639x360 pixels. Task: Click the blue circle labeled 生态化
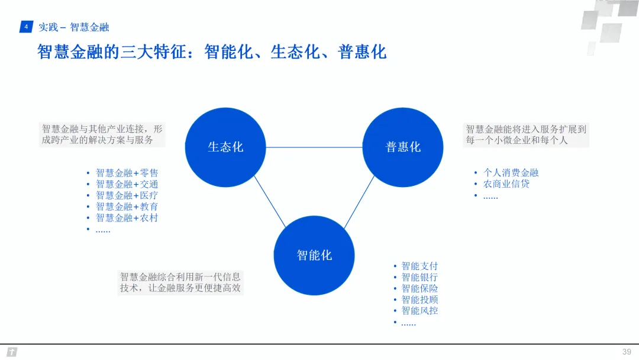225,147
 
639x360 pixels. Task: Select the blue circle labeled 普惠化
403,147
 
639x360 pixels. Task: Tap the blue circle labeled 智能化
314,255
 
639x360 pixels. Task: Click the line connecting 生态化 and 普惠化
314,147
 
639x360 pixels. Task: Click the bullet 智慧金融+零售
127,173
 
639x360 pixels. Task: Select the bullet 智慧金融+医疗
127,195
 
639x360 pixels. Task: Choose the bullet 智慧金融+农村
127,218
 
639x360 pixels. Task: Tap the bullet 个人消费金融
511,173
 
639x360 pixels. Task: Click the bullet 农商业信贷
506,184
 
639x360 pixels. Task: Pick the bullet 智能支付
419,266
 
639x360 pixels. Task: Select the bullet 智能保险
419,288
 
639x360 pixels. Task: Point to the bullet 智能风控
419,311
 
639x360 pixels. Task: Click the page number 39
627,352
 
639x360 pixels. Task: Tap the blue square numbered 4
25,27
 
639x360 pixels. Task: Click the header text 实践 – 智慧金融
74,27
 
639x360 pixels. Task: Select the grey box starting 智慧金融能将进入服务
526,135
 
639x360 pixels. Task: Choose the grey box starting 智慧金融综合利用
180,282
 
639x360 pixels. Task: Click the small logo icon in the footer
12,352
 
